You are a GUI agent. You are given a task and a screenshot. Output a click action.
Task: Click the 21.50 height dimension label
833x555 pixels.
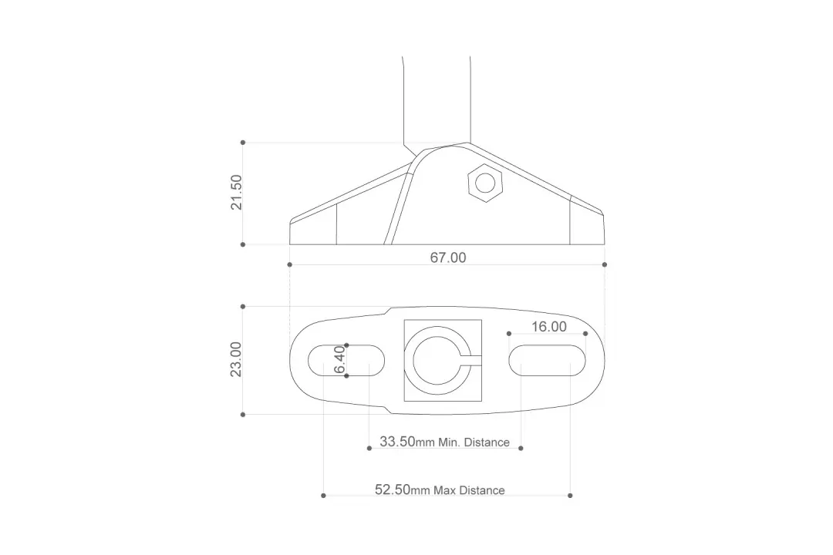(237, 192)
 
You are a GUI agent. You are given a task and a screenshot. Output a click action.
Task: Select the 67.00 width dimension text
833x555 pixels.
(448, 257)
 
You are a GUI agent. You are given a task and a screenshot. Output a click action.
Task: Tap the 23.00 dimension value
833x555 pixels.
(236, 359)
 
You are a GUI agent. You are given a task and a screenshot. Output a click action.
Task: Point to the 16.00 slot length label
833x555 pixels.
(549, 327)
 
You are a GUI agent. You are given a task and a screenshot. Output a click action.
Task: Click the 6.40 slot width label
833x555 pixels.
(340, 360)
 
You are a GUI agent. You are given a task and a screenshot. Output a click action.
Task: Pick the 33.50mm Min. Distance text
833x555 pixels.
(445, 442)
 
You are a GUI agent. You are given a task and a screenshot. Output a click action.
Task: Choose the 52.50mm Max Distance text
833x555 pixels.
(440, 489)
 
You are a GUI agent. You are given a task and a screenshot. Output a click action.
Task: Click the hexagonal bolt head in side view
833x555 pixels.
(485, 183)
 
